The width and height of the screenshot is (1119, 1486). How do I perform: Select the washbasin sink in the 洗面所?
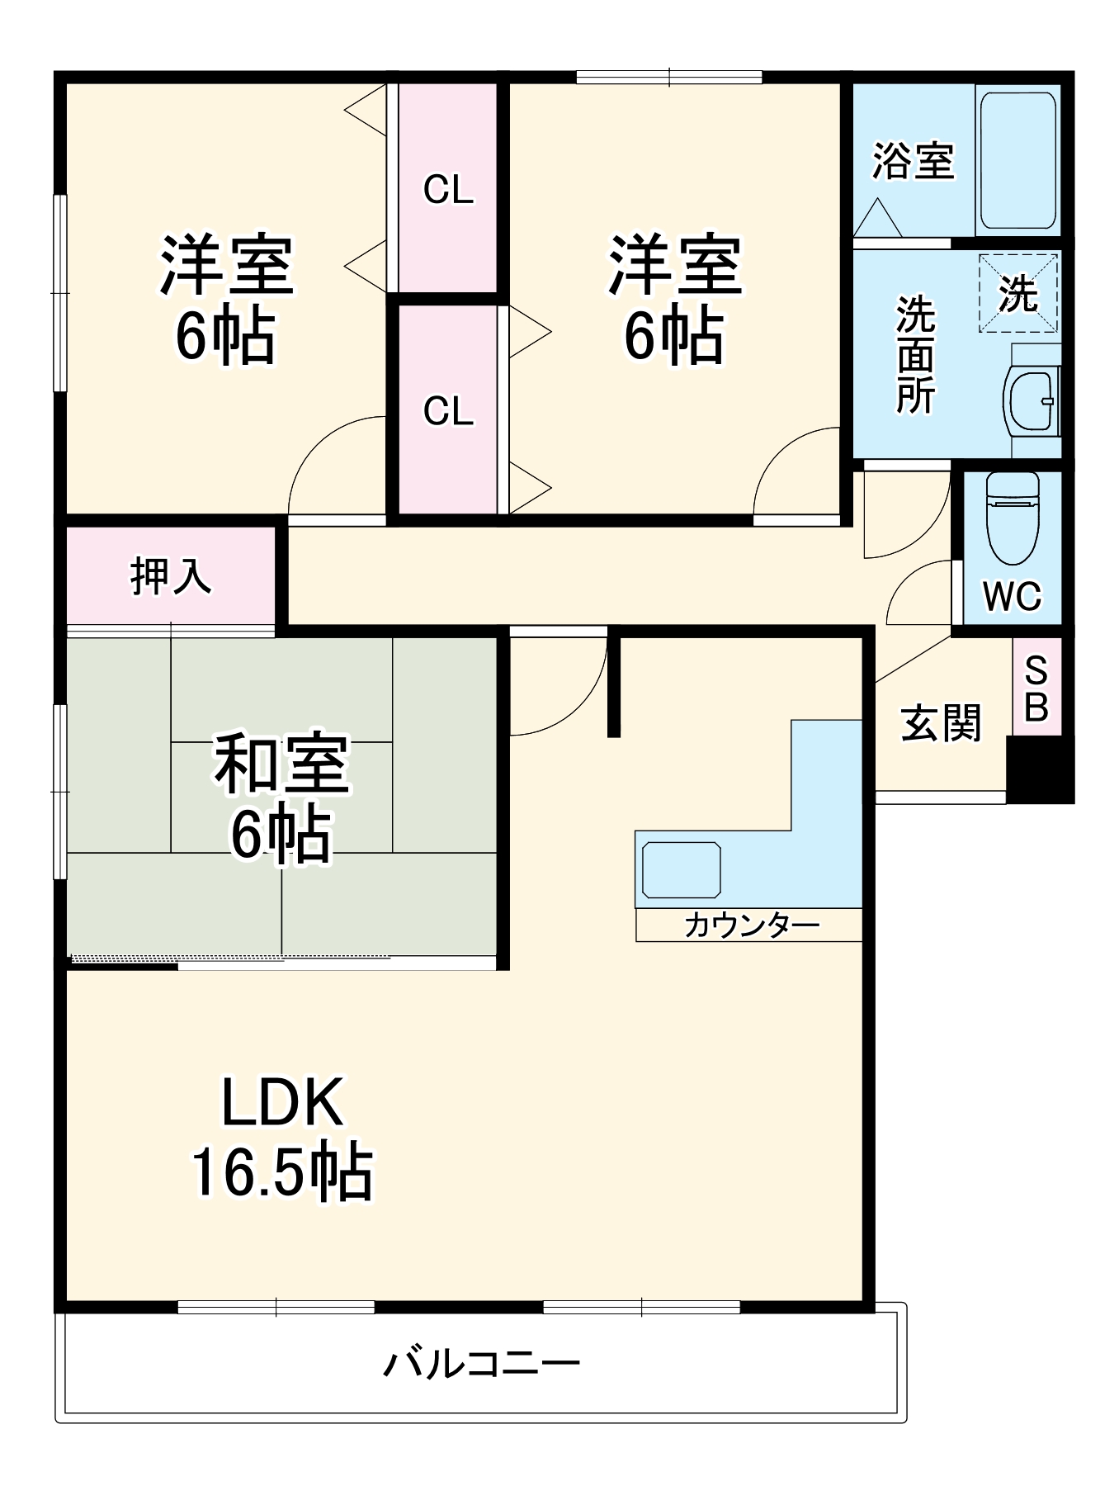[x=1032, y=401]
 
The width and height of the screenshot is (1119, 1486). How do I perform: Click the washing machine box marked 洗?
[x=1017, y=293]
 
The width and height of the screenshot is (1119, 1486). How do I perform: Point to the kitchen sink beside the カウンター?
[x=681, y=869]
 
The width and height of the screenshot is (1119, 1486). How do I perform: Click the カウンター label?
[x=751, y=925]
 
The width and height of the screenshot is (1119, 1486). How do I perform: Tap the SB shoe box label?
[x=1036, y=689]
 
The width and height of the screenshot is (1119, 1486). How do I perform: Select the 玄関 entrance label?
[x=941, y=724]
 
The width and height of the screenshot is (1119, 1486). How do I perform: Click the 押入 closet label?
[x=171, y=575]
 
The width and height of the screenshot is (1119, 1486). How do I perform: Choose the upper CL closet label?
[x=448, y=190]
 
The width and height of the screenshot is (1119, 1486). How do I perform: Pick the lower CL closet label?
[x=448, y=411]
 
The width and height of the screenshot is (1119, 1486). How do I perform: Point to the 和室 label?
[x=282, y=764]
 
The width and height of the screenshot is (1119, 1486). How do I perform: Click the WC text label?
[x=1012, y=596]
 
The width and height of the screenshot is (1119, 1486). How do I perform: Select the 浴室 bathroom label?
[x=913, y=161]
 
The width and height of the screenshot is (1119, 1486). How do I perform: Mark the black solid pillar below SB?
[x=1039, y=769]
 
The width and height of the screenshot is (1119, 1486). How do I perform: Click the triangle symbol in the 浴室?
[x=877, y=220]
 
